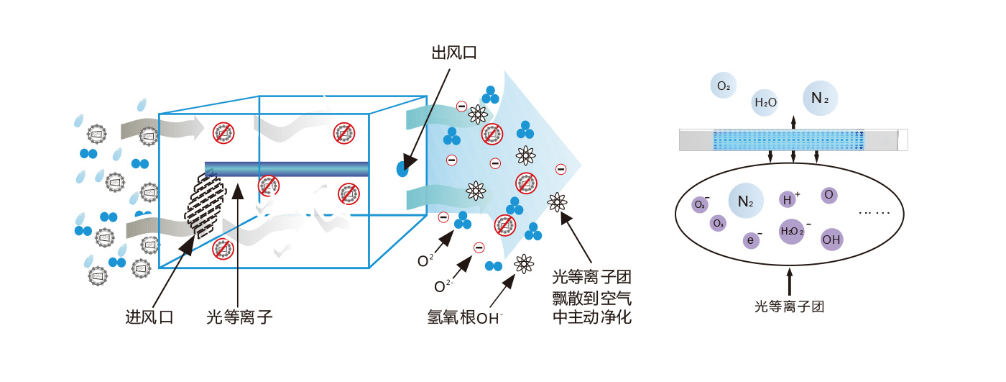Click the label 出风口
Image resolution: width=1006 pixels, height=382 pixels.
(453, 53)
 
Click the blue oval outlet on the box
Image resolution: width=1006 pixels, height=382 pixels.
(402, 169)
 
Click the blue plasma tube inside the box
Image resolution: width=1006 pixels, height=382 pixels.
(287, 169)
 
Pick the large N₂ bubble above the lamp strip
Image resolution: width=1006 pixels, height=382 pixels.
(820, 99)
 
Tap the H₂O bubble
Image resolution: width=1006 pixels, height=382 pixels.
(765, 103)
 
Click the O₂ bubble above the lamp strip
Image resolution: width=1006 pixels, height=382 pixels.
(724, 86)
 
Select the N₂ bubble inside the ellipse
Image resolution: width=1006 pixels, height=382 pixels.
(745, 202)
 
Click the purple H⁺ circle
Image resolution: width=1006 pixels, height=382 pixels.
(788, 199)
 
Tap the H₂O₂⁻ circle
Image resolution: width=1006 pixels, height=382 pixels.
(792, 231)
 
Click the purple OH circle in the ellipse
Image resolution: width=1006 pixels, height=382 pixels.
(831, 239)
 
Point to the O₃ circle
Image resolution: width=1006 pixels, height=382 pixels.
(717, 224)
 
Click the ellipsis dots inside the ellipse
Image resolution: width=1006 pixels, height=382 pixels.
(874, 212)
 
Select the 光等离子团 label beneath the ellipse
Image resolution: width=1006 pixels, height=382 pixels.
(789, 306)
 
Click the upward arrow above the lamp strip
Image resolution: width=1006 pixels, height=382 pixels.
(793, 121)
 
